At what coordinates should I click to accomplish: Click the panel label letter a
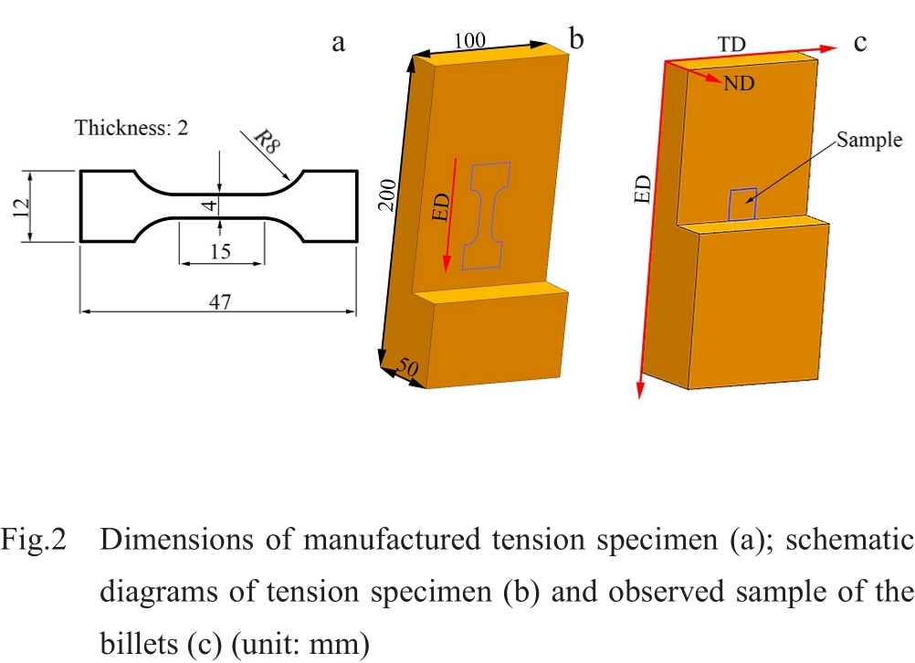pyautogui.click(x=339, y=43)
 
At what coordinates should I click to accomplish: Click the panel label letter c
pyautogui.click(x=859, y=42)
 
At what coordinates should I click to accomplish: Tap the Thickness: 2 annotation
pyautogui.click(x=131, y=128)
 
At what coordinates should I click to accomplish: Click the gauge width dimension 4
pyautogui.click(x=211, y=205)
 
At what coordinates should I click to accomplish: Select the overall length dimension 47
pyautogui.click(x=219, y=302)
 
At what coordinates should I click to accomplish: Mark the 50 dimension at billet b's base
pyautogui.click(x=408, y=368)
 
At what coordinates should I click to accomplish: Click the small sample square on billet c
pyautogui.click(x=741, y=205)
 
